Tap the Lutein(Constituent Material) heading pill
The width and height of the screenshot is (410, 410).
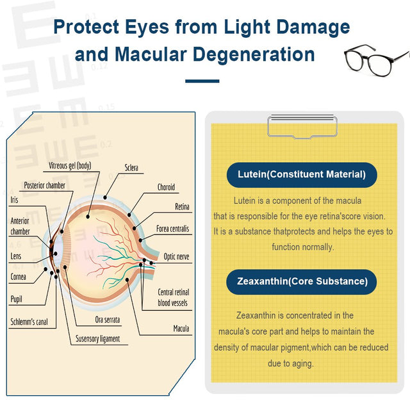pos(301,174)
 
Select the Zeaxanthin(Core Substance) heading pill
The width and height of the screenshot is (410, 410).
pos(301,281)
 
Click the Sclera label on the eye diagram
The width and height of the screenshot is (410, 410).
pos(131,168)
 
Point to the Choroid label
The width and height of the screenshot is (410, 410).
pos(166,188)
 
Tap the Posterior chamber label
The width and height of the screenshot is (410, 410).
pos(44,186)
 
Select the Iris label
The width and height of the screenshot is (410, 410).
pos(14,200)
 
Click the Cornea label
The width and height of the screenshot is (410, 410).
pos(18,277)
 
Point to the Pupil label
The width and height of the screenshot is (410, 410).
pos(16,299)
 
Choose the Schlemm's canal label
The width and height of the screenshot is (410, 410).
pos(29,322)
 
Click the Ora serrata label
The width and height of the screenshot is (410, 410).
pos(108,319)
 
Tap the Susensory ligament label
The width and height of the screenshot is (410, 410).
pos(98,338)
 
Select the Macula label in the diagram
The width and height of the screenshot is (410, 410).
pos(181,329)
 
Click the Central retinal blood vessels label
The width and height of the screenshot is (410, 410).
pos(173,297)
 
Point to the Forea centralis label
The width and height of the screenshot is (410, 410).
pos(172,229)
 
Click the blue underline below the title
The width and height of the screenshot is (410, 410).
pos(202,81)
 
